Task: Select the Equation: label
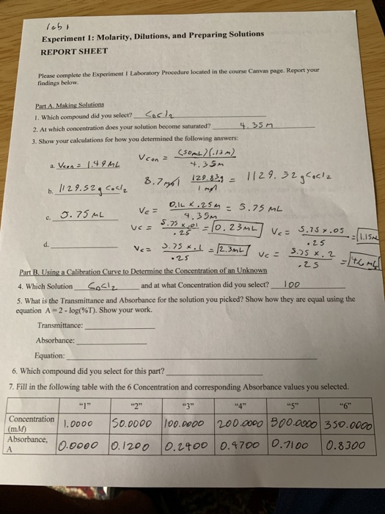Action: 50,355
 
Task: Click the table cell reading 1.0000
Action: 78,424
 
